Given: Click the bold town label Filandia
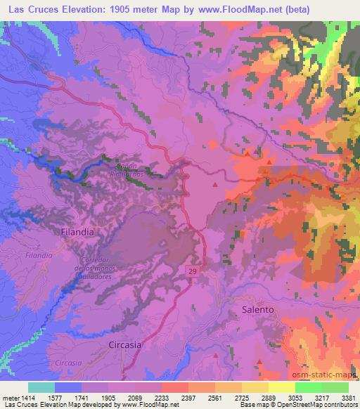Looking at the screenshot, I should click(x=77, y=231).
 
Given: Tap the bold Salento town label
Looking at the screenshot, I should click(x=257, y=309).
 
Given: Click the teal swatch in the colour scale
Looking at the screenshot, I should click(x=41, y=387).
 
